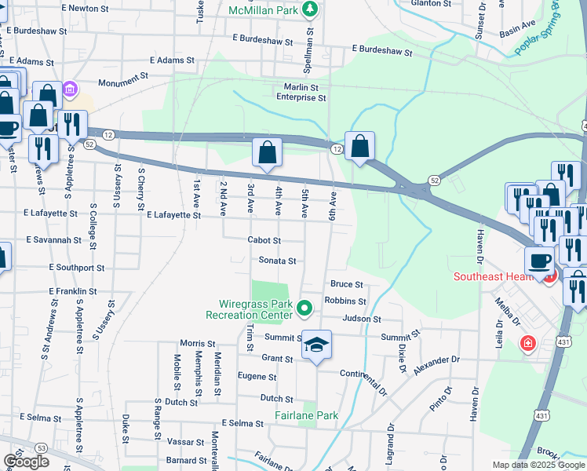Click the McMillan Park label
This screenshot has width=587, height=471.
pos(264,10)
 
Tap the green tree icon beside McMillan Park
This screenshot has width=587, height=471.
pos(311,9)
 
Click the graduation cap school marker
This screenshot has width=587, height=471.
pos(316,345)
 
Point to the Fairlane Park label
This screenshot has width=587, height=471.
pos(306,415)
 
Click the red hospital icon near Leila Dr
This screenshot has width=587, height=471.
pos(528,343)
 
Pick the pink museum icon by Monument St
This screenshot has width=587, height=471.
pos(70,89)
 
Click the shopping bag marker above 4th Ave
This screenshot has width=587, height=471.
pos(267,152)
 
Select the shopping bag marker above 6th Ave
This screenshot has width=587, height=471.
pos(359,146)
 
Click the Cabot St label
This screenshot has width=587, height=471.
pos(264,241)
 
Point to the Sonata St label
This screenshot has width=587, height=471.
pos(277,261)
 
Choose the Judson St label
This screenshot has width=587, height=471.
pos(361,319)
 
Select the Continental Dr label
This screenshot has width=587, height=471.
pos(364,379)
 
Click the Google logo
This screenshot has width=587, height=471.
pos(26,462)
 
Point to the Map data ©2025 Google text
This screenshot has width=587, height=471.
pos(538,465)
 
